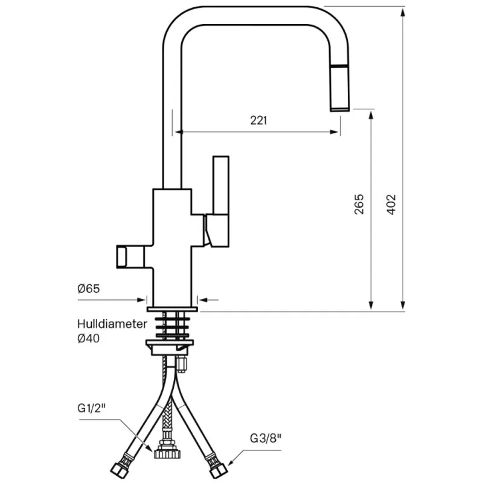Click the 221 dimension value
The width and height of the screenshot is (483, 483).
point(258,120)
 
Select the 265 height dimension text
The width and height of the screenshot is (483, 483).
point(359,205)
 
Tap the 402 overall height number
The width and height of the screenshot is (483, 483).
point(391,205)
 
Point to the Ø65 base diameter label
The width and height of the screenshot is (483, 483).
point(88,289)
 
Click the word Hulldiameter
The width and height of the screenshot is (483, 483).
point(112,324)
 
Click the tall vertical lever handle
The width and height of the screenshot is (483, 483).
point(220,187)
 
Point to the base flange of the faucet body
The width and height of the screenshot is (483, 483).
point(172,307)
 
